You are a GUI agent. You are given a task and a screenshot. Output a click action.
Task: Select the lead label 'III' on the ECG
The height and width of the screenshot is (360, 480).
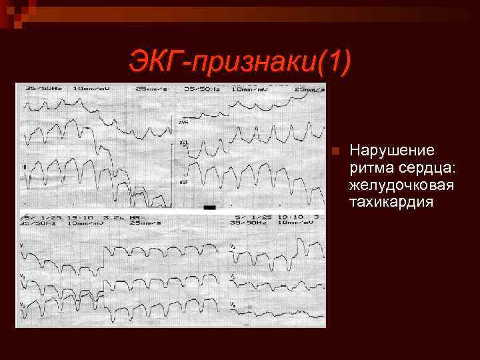[25, 166]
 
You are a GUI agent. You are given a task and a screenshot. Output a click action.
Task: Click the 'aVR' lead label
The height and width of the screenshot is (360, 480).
[182, 121]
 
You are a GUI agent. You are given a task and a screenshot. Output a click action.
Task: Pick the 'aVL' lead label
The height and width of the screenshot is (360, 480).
[182, 143]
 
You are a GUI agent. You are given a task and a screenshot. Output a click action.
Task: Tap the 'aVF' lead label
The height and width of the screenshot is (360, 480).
[182, 181]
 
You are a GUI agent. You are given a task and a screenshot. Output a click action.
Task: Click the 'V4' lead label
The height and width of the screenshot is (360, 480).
[233, 247]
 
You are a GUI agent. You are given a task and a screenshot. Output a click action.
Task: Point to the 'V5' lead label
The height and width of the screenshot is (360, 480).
[233, 275]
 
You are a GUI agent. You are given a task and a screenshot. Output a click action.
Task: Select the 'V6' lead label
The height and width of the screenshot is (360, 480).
[233, 304]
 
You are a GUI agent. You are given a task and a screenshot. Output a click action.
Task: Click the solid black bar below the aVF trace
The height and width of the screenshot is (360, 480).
[209, 207]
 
